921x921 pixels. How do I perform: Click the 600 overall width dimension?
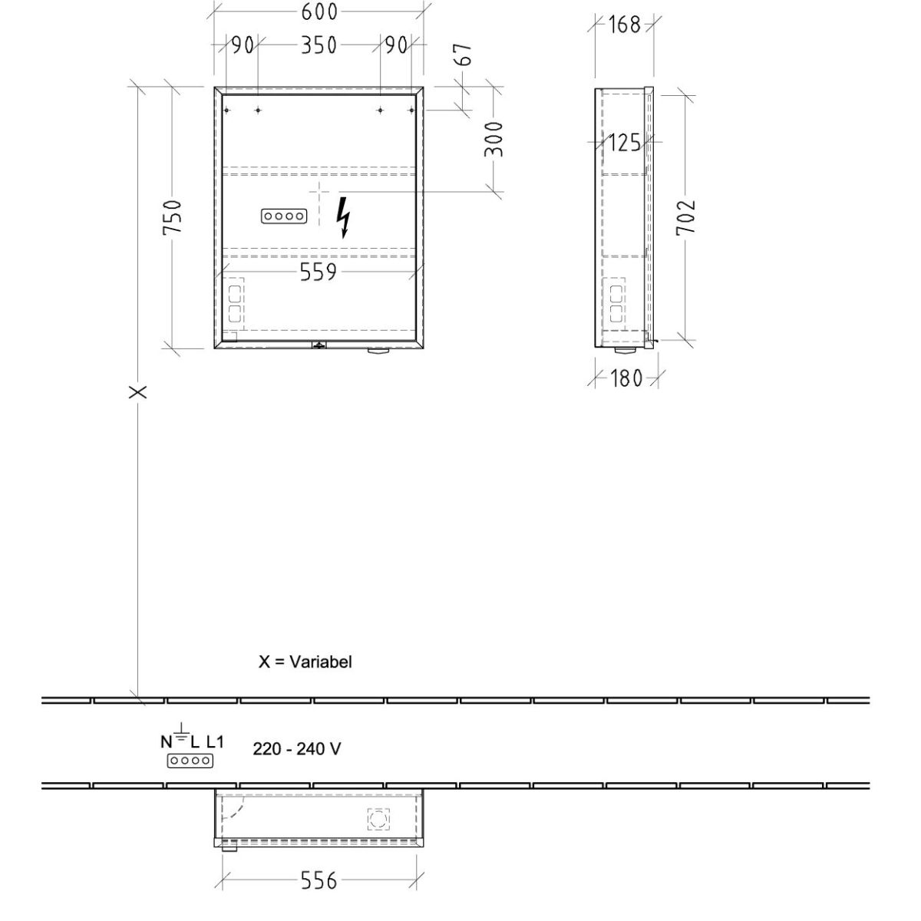(319, 12)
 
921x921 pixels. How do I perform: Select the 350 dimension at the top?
(319, 45)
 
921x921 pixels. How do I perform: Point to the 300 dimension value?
(494, 139)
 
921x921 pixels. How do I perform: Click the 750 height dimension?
(172, 217)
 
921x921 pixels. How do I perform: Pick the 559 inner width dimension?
(319, 272)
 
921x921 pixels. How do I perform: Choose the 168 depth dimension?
(624, 25)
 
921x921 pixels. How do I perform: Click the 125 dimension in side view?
(624, 143)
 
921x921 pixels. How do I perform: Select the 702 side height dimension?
(685, 216)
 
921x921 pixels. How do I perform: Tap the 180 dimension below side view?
(626, 378)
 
